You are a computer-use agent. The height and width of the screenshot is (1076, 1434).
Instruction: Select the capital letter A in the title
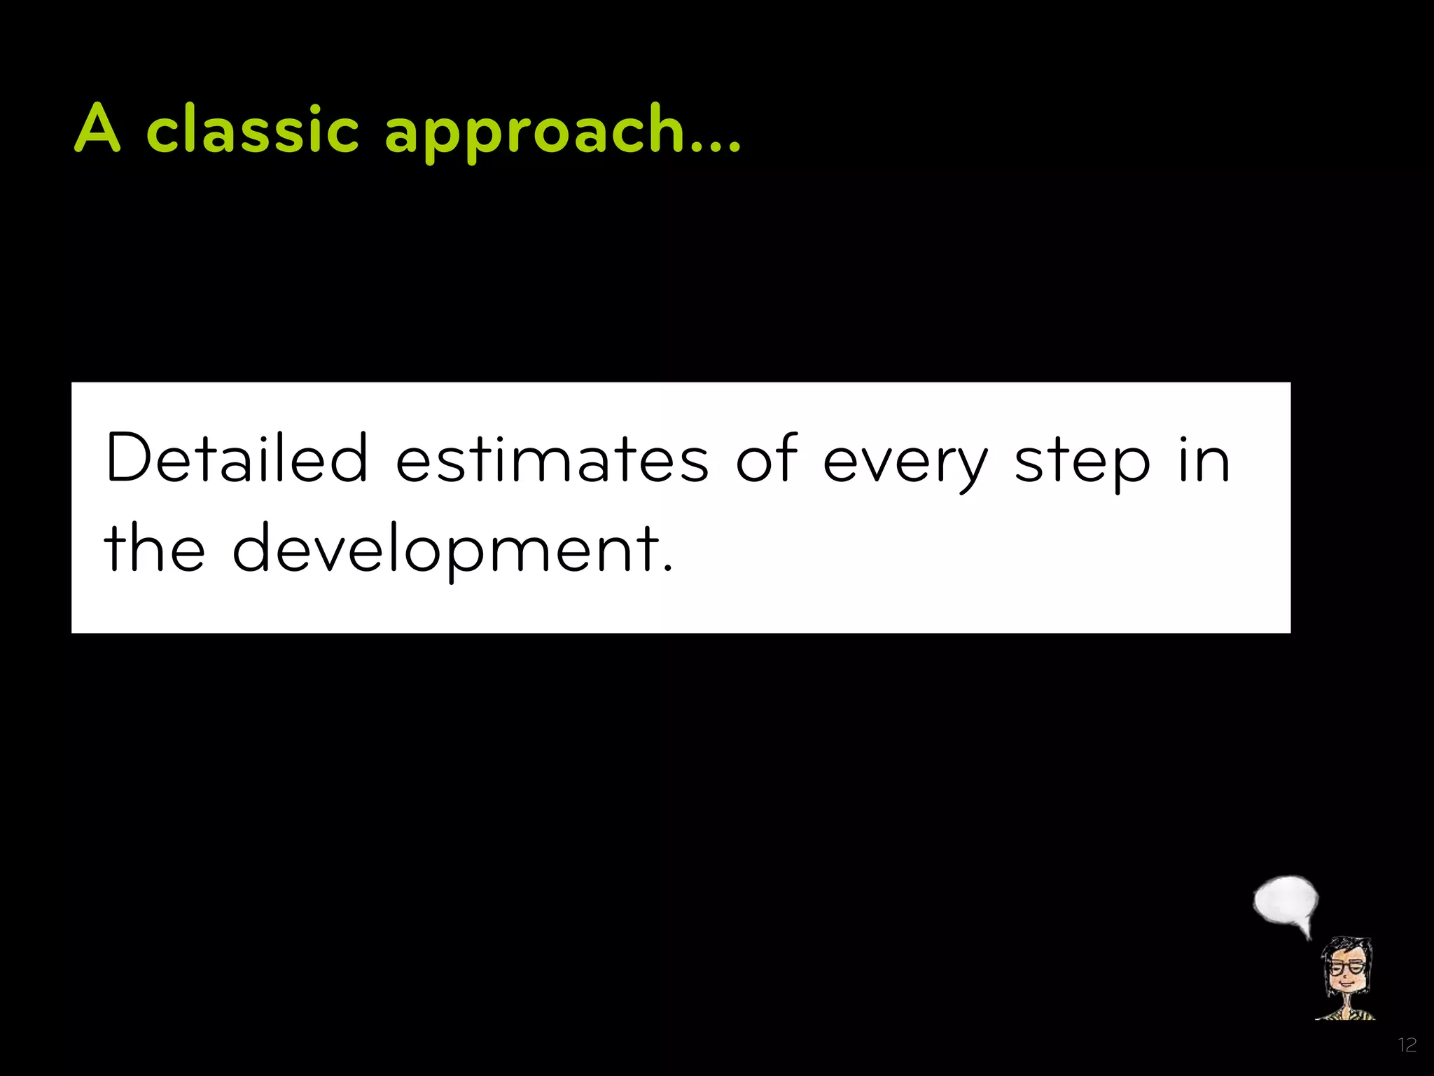click(x=98, y=128)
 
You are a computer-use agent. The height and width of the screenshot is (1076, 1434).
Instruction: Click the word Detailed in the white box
click(x=237, y=459)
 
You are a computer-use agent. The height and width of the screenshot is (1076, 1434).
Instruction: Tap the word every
click(x=905, y=464)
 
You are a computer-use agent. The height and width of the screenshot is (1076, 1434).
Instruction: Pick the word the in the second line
click(x=155, y=549)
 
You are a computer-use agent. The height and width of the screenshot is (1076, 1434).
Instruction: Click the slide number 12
click(x=1407, y=1045)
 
